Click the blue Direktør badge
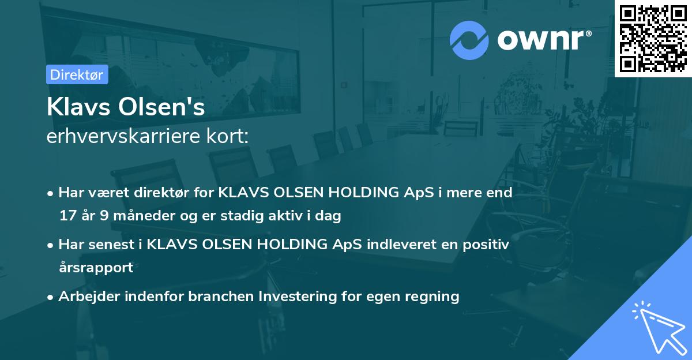coord(77,74)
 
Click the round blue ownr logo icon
coord(469,40)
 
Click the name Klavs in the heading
coord(79,107)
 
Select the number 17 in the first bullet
coord(67,216)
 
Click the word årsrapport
coord(96,268)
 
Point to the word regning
coord(432,297)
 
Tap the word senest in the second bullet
coord(110,245)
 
